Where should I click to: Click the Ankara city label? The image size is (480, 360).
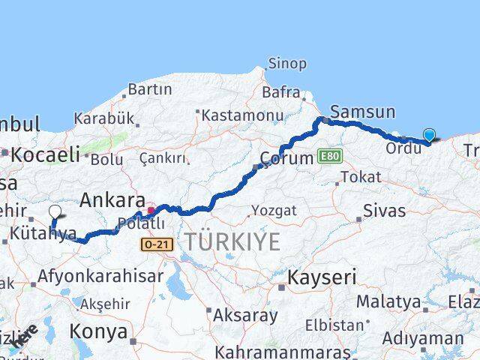[x=112, y=200]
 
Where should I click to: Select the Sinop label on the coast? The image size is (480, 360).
[x=286, y=64]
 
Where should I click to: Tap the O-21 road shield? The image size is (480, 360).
[x=155, y=244]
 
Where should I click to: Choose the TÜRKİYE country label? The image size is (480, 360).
[x=232, y=241]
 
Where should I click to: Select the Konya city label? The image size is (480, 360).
[x=98, y=331]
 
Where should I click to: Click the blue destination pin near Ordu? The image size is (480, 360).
[x=429, y=135]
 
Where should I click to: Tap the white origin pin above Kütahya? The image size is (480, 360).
[x=55, y=212]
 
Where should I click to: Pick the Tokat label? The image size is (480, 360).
[x=360, y=178]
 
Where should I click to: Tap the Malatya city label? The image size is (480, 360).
[x=388, y=301]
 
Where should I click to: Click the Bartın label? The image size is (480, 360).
[x=150, y=89]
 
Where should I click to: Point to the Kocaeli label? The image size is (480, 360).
[x=46, y=154]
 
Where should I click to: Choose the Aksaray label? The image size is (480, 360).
[x=245, y=315]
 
